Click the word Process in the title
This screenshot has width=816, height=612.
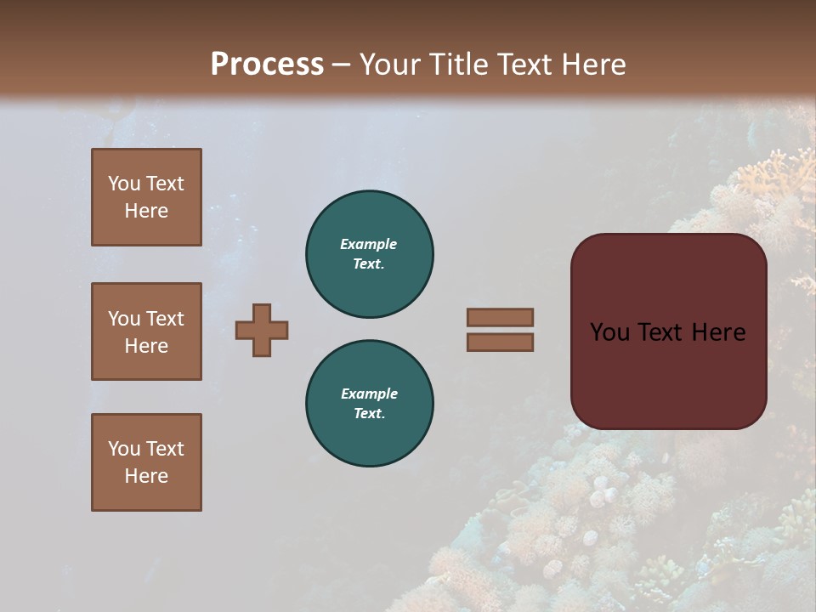(267, 65)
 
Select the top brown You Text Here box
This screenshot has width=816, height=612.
(146, 197)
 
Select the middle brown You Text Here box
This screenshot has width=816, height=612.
(146, 331)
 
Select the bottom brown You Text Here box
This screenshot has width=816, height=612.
(146, 462)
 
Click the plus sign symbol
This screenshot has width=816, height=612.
(262, 330)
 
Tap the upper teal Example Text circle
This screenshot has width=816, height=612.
(370, 253)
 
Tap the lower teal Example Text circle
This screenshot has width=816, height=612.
(370, 403)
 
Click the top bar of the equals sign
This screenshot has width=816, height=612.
(500, 317)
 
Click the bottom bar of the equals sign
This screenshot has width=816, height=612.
(500, 342)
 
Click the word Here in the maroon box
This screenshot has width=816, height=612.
(718, 332)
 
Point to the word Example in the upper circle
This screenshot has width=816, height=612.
(369, 244)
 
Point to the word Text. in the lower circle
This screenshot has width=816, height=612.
(369, 414)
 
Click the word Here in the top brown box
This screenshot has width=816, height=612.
(146, 212)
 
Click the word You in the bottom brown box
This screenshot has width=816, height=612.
(123, 449)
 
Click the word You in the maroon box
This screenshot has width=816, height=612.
(609, 332)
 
